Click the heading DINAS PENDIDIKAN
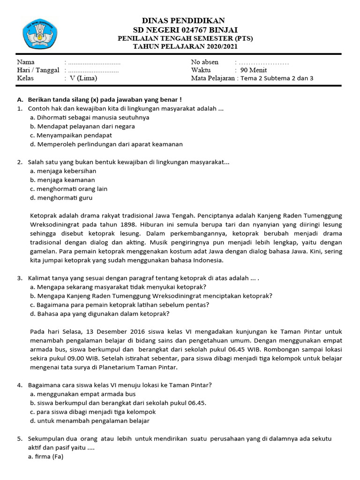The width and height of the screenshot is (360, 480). [183, 20]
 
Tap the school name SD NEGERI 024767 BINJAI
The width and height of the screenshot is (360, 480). [183, 30]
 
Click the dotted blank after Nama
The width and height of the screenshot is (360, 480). [94, 62]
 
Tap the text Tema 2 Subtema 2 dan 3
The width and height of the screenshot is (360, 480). [277, 78]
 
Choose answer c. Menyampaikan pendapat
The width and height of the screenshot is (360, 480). [71, 135]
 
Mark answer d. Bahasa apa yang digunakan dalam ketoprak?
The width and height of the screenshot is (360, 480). [99, 314]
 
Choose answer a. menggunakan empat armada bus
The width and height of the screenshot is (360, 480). [82, 394]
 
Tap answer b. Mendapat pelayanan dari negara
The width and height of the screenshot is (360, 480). [82, 126]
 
